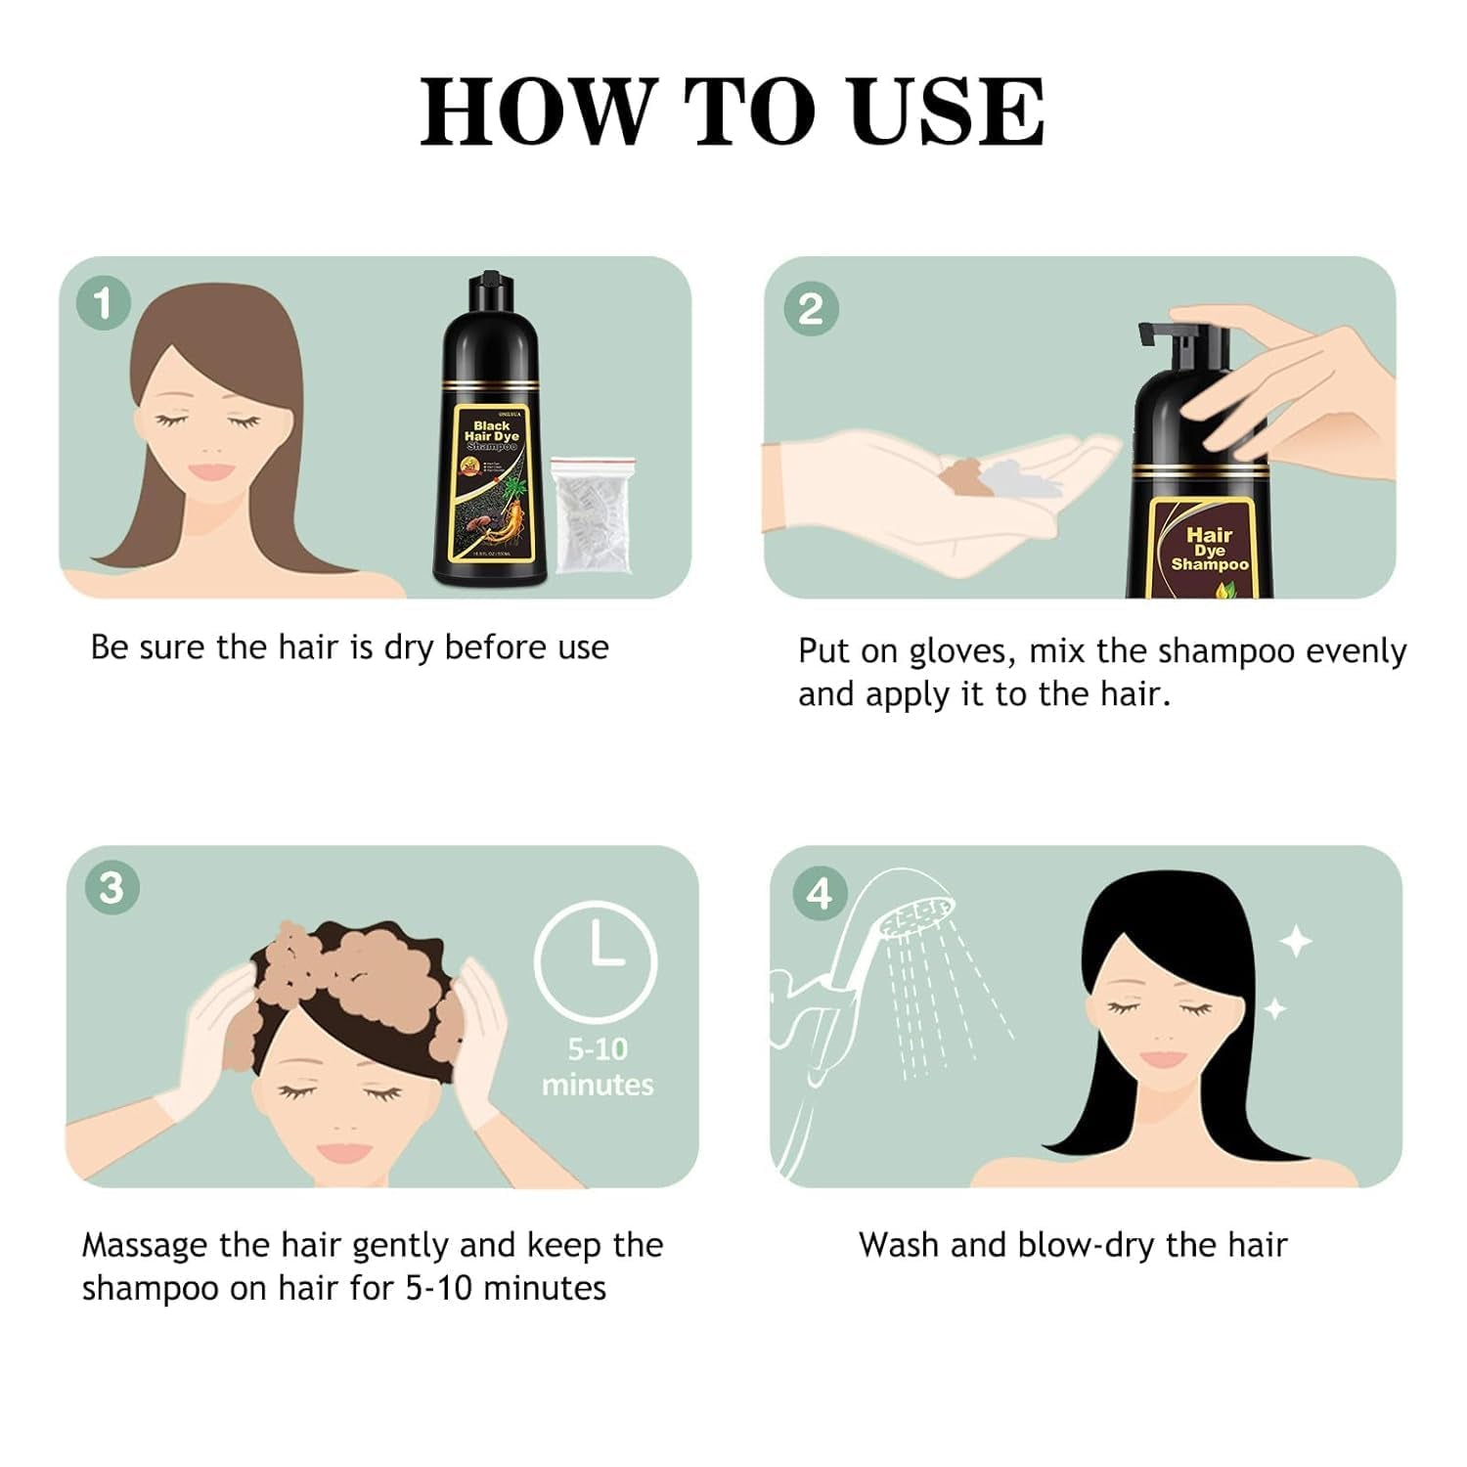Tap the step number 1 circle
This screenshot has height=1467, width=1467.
[x=104, y=303]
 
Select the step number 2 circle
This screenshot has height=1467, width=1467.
[x=811, y=308]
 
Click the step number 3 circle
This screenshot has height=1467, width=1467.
[x=111, y=888]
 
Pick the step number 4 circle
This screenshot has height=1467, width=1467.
[x=819, y=893]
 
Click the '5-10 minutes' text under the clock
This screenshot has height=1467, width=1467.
[x=598, y=1067]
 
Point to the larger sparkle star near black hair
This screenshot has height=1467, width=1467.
[x=1296, y=942]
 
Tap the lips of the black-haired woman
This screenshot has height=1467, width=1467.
[x=1162, y=1059]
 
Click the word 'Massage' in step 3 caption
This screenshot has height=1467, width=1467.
[x=145, y=1245]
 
